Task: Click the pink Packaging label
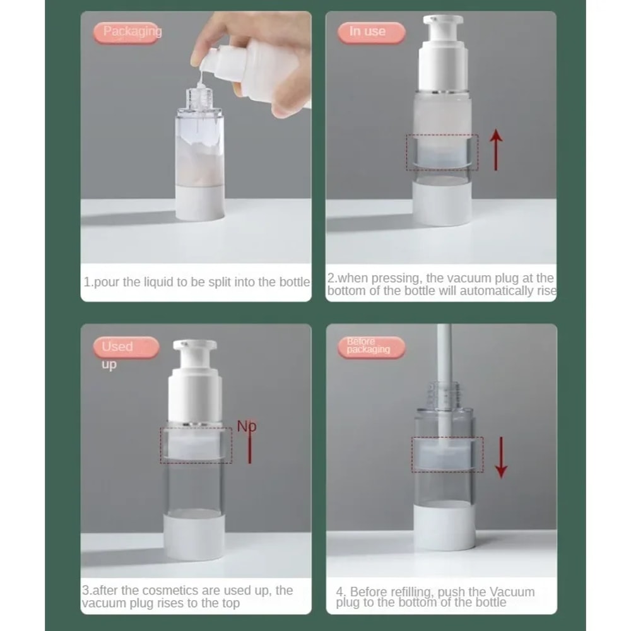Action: [x=129, y=32]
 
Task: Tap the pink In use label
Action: [x=370, y=32]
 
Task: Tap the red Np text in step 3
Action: [x=246, y=426]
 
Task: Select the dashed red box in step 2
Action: [x=442, y=152]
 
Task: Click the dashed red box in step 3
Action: [x=196, y=445]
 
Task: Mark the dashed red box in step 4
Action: [x=447, y=454]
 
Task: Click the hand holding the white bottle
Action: [x=252, y=63]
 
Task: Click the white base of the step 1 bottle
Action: [x=199, y=203]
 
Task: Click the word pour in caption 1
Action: [x=107, y=282]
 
